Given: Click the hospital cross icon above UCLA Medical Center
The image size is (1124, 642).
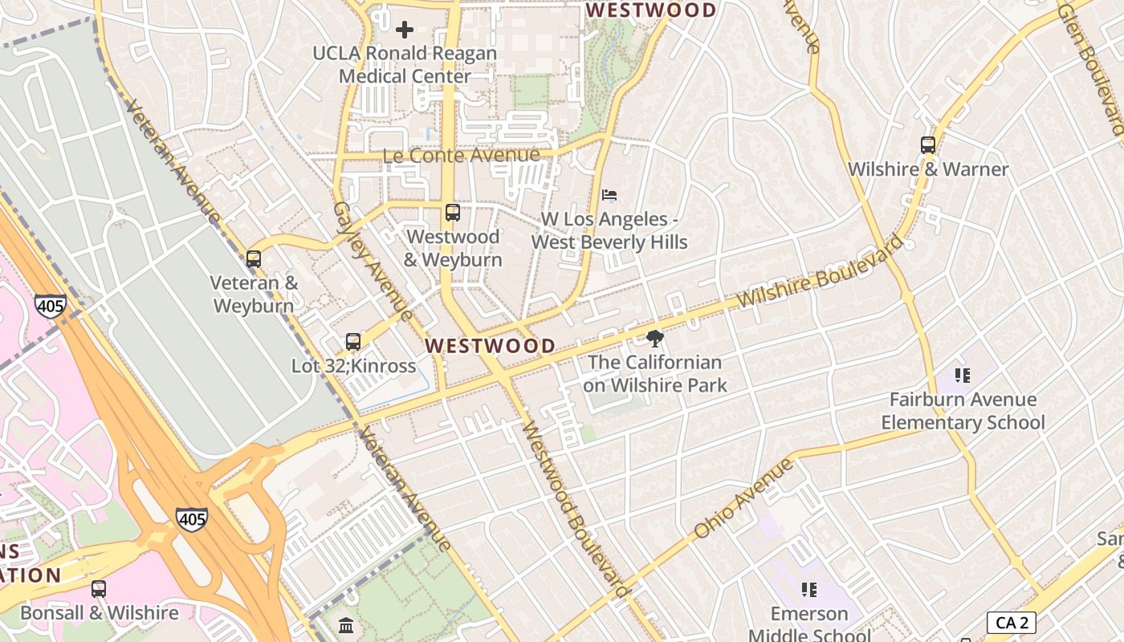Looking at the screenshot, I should tap(405, 30).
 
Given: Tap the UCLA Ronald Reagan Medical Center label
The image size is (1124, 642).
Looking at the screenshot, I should tap(405, 65).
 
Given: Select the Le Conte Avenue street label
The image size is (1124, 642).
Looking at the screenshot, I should tap(461, 156).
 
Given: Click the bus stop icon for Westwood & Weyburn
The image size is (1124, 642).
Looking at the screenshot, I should tap(453, 213).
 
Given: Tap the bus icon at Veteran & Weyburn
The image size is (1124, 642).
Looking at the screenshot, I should tap(254, 259).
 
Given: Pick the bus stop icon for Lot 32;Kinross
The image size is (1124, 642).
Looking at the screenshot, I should tap(353, 342).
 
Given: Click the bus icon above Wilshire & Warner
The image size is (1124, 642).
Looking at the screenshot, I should tap(928, 145).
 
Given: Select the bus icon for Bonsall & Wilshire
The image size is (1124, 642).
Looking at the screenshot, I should tap(99, 589).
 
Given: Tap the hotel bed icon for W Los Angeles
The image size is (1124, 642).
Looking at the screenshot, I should tap(609, 195).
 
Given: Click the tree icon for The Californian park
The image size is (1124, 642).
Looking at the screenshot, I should tap(655, 338).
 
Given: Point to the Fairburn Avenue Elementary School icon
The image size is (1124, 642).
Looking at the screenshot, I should tap(963, 376).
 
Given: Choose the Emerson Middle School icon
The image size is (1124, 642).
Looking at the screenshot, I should tap(808, 590).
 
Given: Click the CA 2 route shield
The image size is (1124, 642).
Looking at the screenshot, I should tap(1011, 623).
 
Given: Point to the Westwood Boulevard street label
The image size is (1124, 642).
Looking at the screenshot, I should tap(575, 510).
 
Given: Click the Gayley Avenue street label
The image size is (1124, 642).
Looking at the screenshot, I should tap(373, 261).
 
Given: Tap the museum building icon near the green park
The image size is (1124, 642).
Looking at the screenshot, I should tap(346, 624).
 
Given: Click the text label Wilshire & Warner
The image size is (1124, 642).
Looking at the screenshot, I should tap(928, 169).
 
